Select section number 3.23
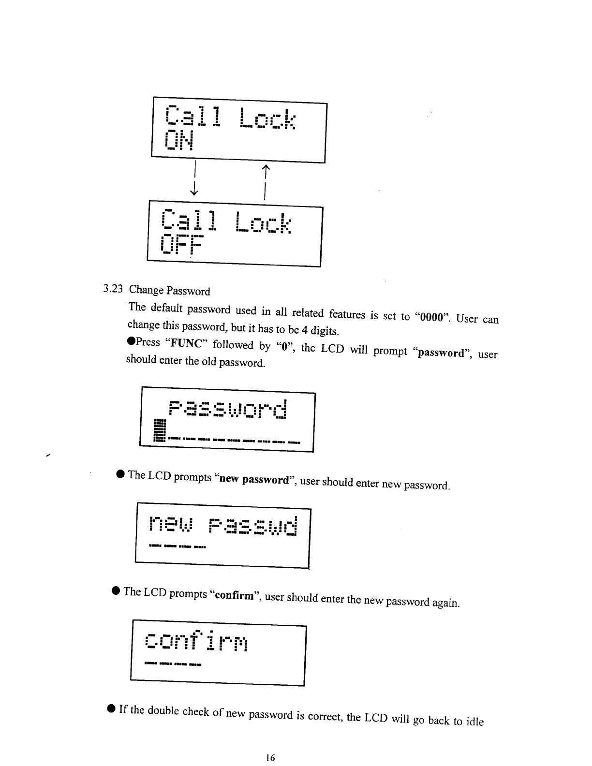tap(113, 289)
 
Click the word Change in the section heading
tap(146, 290)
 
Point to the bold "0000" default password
tap(432, 318)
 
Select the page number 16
tap(270, 758)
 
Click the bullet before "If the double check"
tap(111, 708)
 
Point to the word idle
tap(474, 722)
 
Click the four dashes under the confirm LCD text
tap(173, 664)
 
